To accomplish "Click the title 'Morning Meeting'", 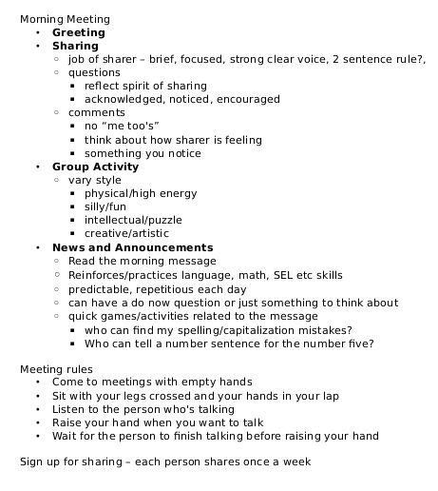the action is tap(65, 18).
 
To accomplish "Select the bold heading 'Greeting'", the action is tap(79, 31).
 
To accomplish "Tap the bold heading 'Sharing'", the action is tap(75, 45).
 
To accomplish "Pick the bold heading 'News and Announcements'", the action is tap(132, 247).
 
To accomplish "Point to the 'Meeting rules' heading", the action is tap(56, 368).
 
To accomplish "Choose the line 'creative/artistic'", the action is tap(126, 233).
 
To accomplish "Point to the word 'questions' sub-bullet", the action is tap(94, 72).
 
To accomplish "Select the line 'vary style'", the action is tap(95, 180).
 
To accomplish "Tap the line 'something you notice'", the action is tap(143, 152).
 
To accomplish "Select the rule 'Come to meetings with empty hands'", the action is tap(152, 382).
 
